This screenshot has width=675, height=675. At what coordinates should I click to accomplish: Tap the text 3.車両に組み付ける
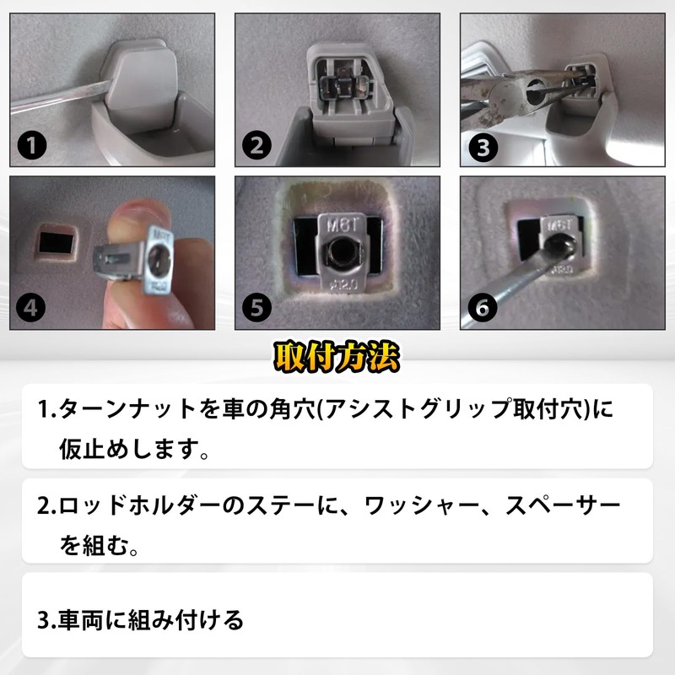click(141, 620)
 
